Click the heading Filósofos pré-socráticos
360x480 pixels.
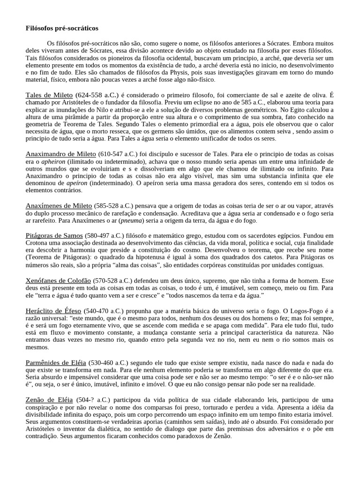62,28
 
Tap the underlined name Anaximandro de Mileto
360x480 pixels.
61,154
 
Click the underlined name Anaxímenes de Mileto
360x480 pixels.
59,205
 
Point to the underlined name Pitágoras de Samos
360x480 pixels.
54,235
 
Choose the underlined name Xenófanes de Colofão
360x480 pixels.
58,280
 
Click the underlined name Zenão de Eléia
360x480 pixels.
49,400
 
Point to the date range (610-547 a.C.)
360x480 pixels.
117,154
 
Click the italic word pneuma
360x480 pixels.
133,220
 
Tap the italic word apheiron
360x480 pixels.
53,161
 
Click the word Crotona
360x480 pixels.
38,243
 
